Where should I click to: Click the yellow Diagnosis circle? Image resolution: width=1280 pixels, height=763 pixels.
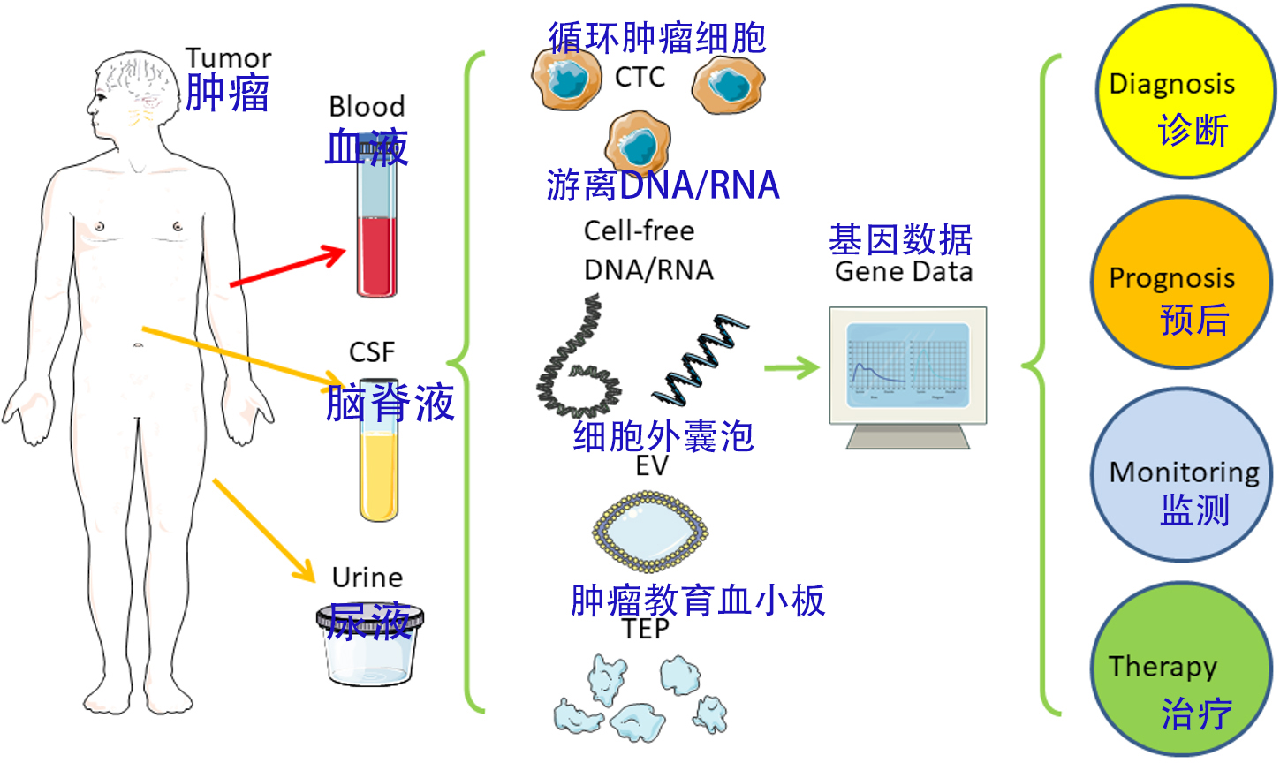click(x=1184, y=92)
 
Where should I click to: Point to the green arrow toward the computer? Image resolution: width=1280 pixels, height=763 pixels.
click(x=791, y=366)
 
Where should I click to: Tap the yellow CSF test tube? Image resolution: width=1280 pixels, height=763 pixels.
click(x=379, y=472)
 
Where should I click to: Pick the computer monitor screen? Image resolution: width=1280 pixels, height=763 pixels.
click(x=908, y=364)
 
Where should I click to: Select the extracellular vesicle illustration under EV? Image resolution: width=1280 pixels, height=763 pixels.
click(x=649, y=531)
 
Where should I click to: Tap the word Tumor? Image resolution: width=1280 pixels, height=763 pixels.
click(x=228, y=58)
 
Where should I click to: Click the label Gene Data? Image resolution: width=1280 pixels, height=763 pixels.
click(x=904, y=271)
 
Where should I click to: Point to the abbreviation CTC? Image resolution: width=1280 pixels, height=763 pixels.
click(x=640, y=78)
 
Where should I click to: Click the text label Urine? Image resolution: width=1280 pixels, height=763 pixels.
click(x=367, y=578)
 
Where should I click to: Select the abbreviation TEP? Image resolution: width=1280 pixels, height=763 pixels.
click(x=646, y=629)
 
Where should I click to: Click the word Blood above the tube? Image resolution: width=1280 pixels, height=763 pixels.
click(x=367, y=107)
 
